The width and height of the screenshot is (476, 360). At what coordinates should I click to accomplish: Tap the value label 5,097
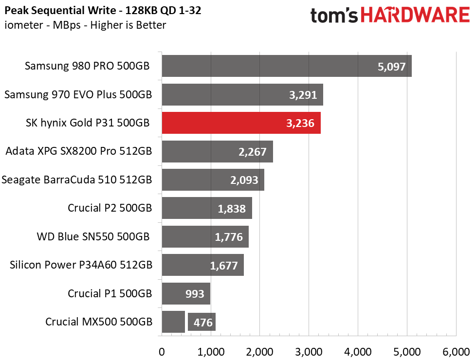391,67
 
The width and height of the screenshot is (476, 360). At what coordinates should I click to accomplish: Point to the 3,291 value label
303,95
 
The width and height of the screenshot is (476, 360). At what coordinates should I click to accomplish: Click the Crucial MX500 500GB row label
99,322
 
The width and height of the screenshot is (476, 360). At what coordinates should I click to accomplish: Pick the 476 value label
202,323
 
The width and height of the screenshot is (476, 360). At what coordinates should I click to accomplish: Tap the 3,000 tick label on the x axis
309,352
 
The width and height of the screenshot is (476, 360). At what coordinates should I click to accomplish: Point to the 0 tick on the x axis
162,352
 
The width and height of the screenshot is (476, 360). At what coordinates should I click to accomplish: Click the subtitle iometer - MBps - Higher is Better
85,25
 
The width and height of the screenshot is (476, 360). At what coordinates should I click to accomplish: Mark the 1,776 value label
232,237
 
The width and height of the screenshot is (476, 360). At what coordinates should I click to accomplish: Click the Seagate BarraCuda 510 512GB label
77,180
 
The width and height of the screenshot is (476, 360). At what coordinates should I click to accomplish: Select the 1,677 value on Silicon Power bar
224,266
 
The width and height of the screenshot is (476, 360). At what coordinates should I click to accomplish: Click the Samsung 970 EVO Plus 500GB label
78,95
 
